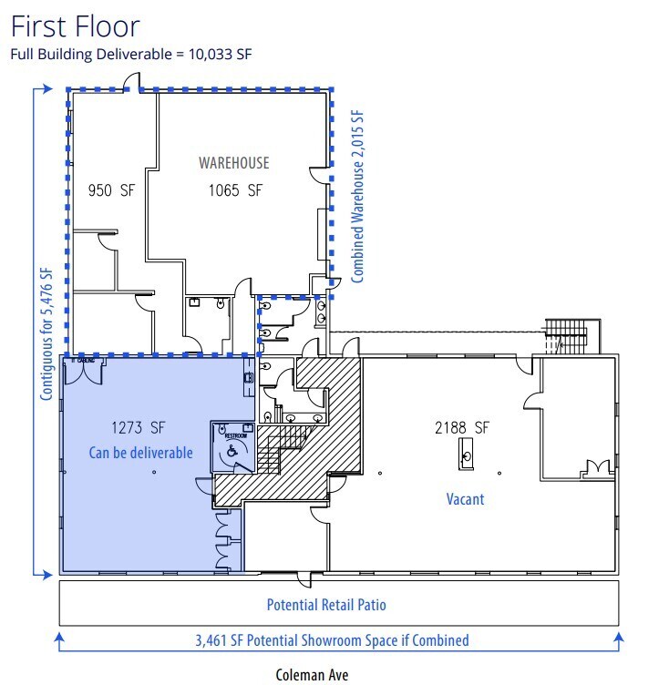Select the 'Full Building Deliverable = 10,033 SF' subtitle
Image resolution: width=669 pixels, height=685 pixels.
(130, 53)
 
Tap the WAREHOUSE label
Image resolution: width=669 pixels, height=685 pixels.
(234, 163)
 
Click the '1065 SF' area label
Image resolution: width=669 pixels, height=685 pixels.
(232, 191)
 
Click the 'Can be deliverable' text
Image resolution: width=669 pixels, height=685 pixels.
(140, 452)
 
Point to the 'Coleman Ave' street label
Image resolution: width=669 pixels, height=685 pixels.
(312, 675)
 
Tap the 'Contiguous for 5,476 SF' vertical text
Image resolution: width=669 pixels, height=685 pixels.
(46, 333)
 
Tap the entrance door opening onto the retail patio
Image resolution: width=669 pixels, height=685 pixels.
(306, 578)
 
